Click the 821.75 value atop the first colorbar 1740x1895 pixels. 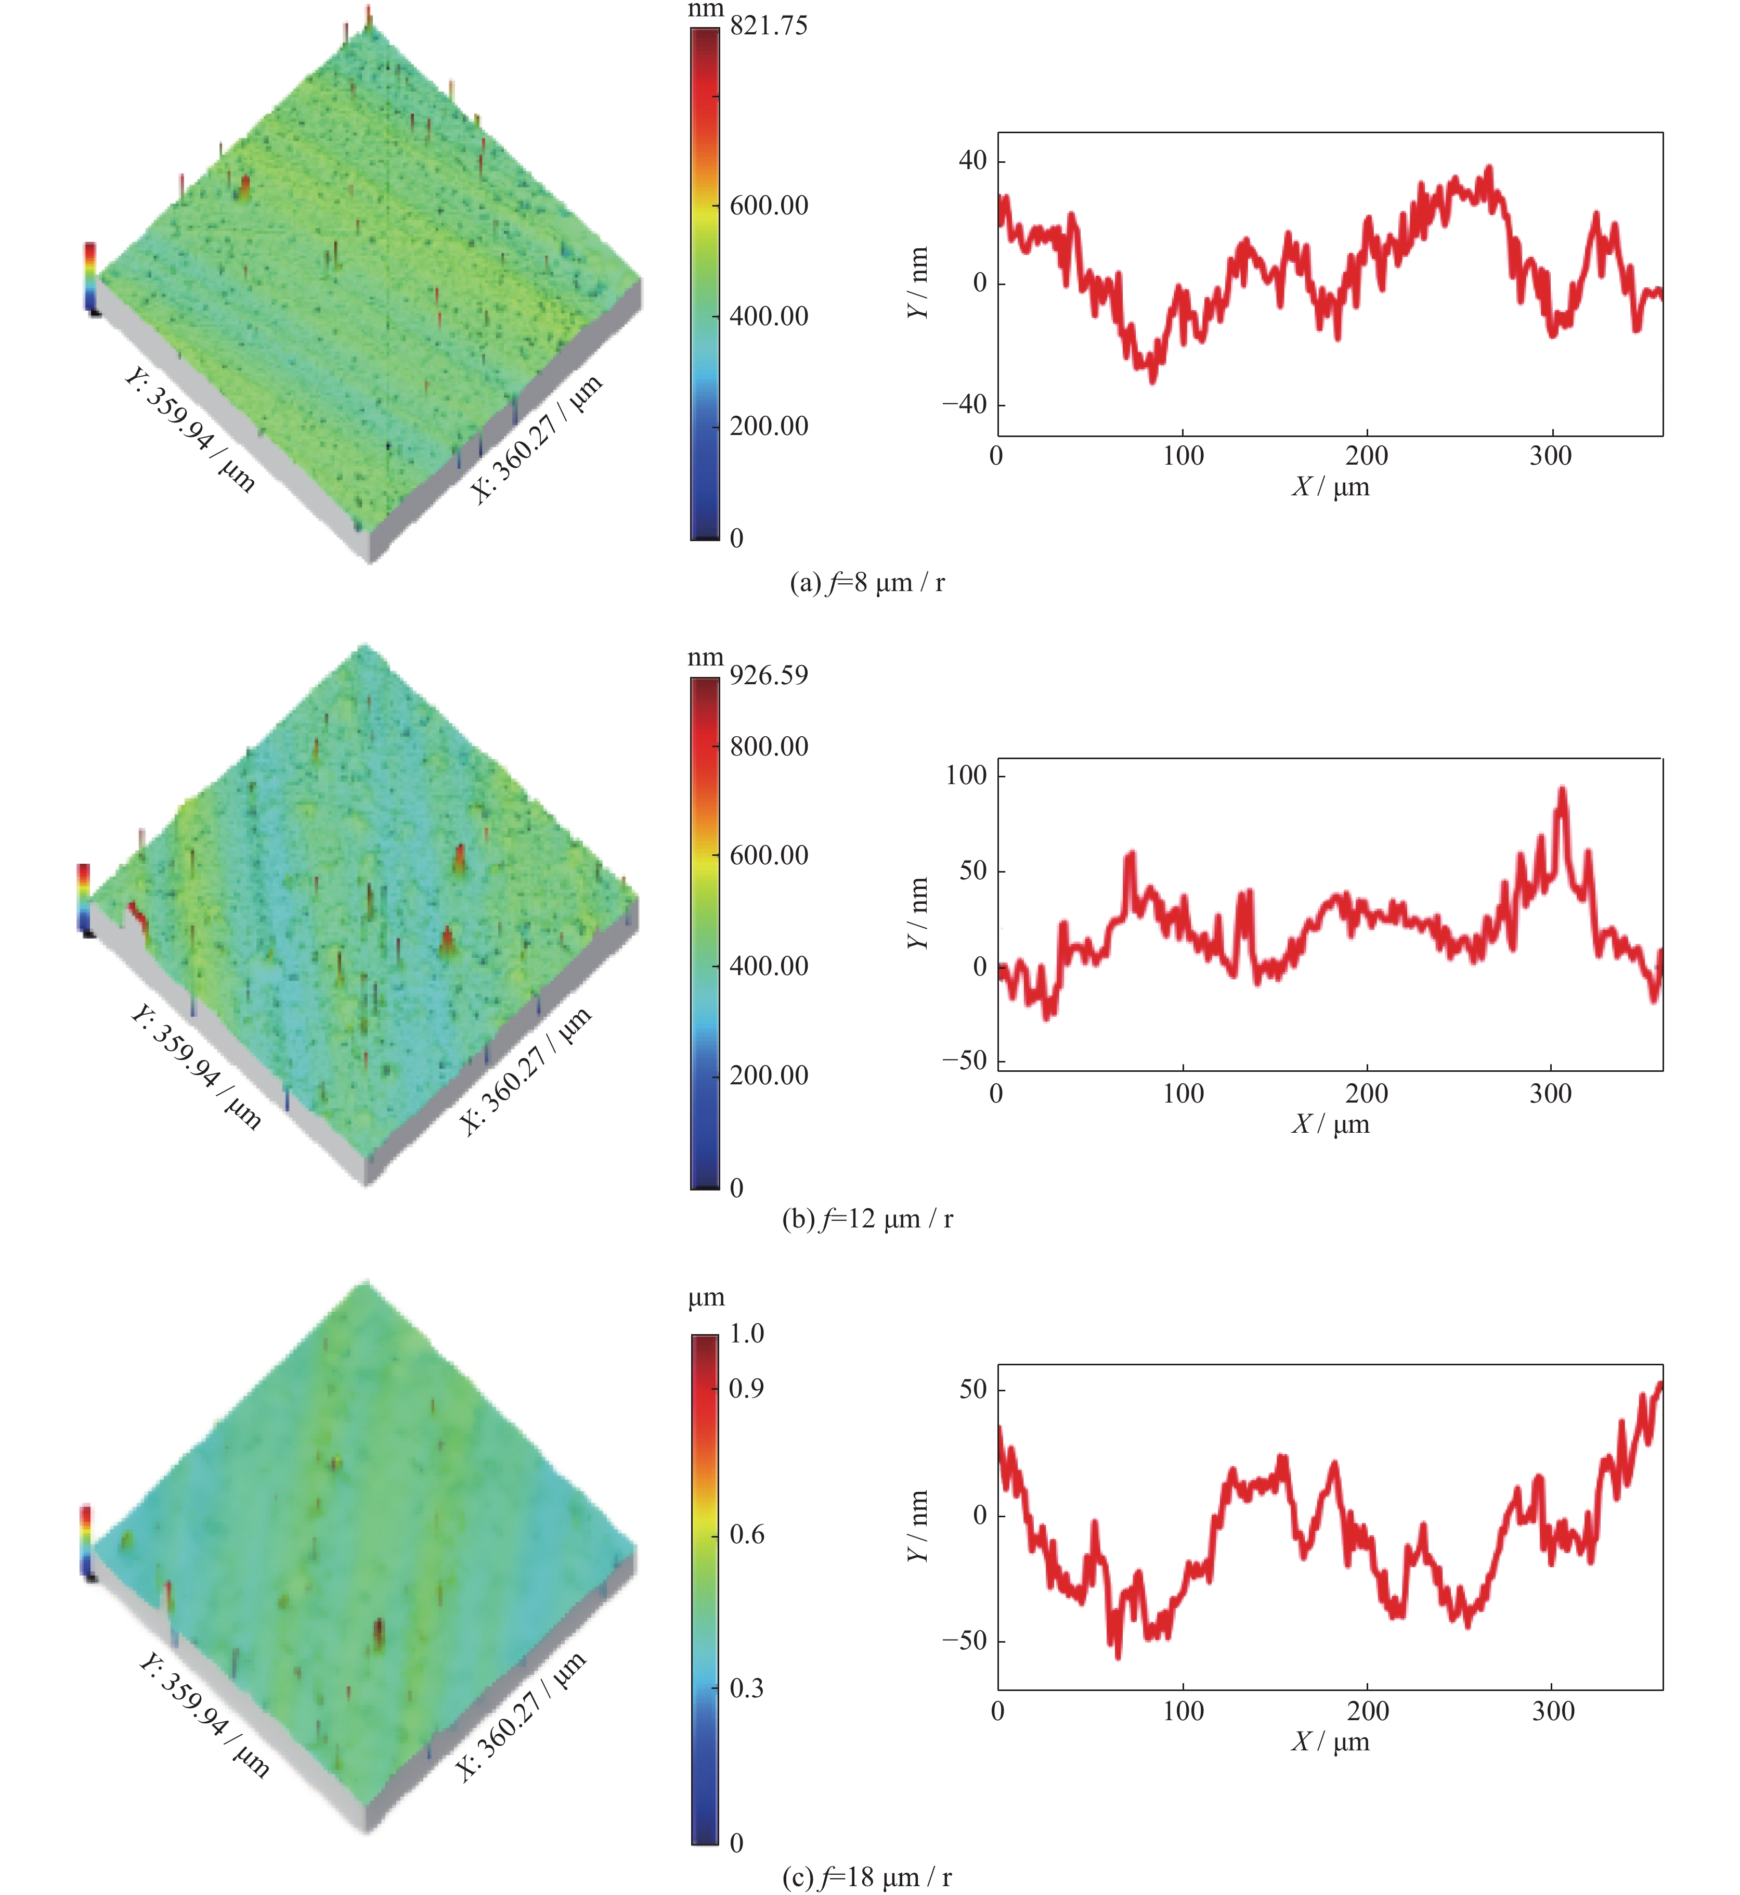point(768,25)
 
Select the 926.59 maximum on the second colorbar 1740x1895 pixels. point(768,675)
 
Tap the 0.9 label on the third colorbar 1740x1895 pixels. point(747,1388)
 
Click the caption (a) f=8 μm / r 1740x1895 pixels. point(866,583)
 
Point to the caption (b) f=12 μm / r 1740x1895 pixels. point(866,1219)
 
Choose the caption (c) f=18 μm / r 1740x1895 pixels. point(866,1877)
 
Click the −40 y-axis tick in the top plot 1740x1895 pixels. point(964,405)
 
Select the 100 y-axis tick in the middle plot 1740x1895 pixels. point(966,776)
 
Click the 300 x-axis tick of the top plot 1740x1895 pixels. point(1550,456)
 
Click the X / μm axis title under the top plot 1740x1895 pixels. point(1330,487)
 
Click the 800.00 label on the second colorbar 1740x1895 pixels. point(768,747)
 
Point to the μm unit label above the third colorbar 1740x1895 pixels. point(706,1298)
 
